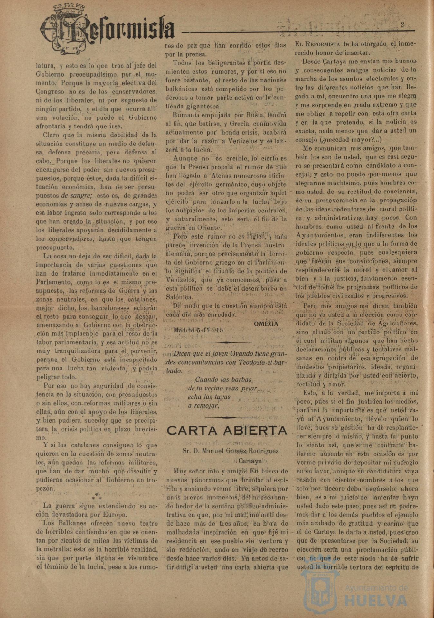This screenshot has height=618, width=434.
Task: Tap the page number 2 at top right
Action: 402,24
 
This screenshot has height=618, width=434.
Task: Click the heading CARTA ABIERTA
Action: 227,430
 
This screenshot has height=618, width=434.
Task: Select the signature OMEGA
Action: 266,324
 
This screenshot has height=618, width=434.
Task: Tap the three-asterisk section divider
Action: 97,496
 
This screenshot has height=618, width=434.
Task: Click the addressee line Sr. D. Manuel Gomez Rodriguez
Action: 231,451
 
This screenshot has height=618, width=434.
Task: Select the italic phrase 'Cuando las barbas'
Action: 223,379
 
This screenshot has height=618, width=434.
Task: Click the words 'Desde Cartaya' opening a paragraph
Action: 324,61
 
